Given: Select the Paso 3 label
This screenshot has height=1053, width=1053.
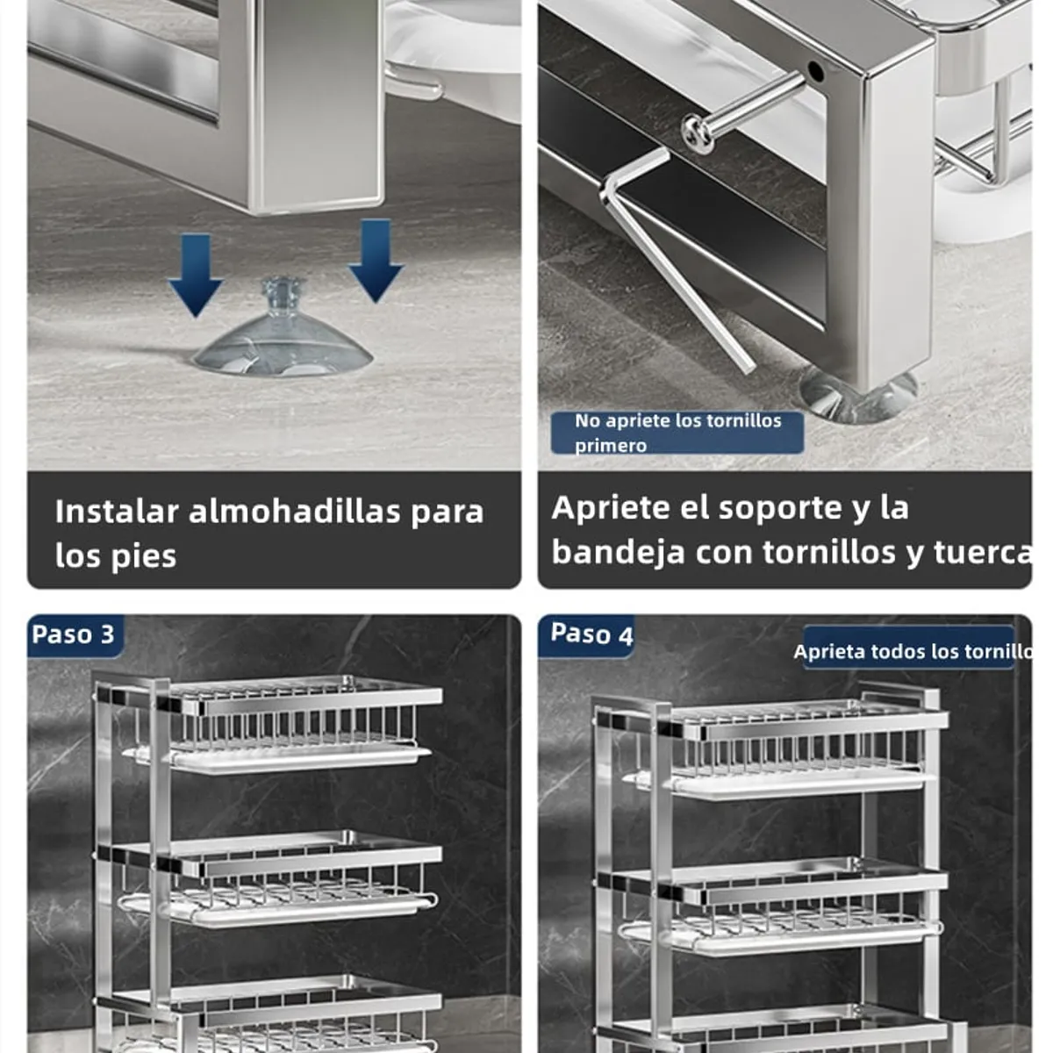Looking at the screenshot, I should [73, 634].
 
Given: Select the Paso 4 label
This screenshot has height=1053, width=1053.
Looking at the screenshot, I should [591, 634].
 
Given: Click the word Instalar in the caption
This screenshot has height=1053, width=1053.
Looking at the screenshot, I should [117, 512].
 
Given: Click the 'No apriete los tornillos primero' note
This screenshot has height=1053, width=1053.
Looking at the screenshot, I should [677, 433].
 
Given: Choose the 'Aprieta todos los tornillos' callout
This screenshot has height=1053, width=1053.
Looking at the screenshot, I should [911, 651].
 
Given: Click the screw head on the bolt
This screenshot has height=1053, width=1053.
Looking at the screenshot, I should [698, 133].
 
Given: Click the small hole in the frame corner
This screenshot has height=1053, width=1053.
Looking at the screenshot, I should [815, 70].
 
